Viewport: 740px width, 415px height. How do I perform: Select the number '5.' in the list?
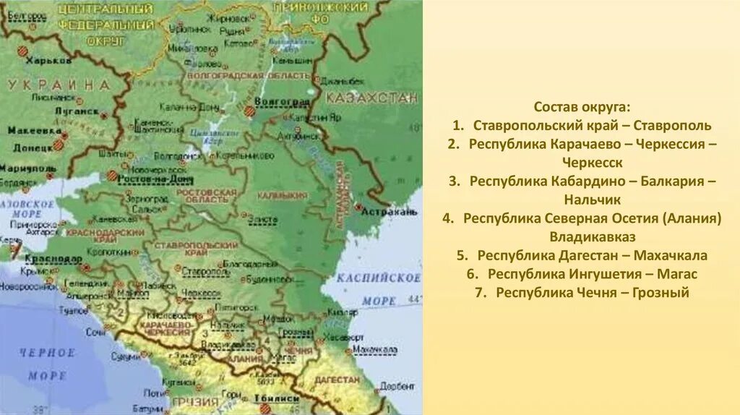coord(464,255)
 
